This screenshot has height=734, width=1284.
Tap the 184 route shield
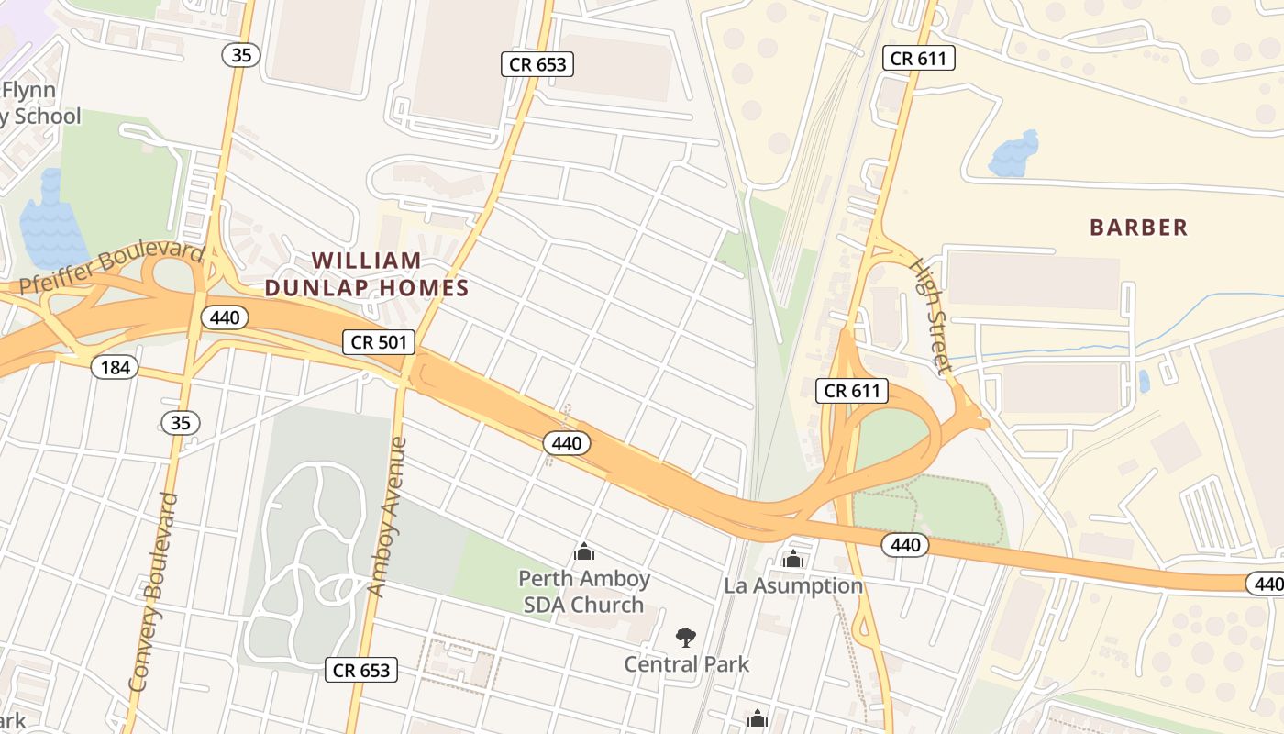coord(115,368)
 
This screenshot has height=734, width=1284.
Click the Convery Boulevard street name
coord(153,592)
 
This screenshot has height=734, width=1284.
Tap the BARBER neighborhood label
coord(1138,228)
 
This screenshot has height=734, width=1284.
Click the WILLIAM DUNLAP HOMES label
coord(367,274)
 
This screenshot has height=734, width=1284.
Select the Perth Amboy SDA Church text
coord(584,592)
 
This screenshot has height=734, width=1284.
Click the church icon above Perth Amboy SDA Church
coord(583,551)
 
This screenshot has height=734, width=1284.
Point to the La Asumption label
coord(793,585)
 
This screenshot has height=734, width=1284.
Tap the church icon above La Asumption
coord(793,559)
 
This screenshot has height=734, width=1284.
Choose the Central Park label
coord(686,664)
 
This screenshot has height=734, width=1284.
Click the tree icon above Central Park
coord(685,637)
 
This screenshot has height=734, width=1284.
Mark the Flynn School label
coord(37,104)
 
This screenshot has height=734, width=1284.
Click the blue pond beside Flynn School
coord(50,225)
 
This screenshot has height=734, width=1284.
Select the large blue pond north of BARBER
coord(1014,154)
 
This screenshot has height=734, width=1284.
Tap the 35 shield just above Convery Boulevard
coord(180,423)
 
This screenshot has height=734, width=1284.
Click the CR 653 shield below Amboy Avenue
coord(361,671)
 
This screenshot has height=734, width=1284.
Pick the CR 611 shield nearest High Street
coord(852,391)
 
